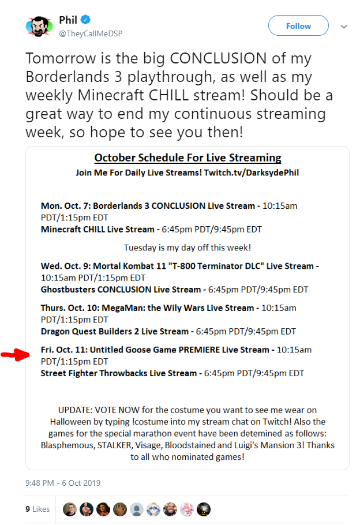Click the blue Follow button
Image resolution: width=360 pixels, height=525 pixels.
[x=298, y=25]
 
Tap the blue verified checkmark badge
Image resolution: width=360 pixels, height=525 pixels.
[x=86, y=20]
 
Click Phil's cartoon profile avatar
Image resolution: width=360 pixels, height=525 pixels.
[x=39, y=26]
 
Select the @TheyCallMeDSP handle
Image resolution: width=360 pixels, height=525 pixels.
[x=91, y=33]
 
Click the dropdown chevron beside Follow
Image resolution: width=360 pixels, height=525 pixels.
[x=344, y=26]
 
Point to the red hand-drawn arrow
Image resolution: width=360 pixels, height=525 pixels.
[x=15, y=354]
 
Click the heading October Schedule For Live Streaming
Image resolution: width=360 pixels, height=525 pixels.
[x=187, y=157]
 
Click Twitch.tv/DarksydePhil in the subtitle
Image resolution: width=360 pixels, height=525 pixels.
[x=251, y=172]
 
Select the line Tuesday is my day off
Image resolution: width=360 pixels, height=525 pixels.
[x=187, y=247]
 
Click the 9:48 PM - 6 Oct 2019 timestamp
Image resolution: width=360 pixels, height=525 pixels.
[x=63, y=483]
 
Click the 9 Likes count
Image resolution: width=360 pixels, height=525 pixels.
[x=37, y=509]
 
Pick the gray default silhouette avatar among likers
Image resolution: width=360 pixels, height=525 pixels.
[x=137, y=509]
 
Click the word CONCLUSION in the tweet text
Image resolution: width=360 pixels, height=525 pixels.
[x=218, y=58]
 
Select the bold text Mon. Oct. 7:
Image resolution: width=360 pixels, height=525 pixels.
[x=66, y=206]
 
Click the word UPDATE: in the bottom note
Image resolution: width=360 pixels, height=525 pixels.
[x=76, y=410]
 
